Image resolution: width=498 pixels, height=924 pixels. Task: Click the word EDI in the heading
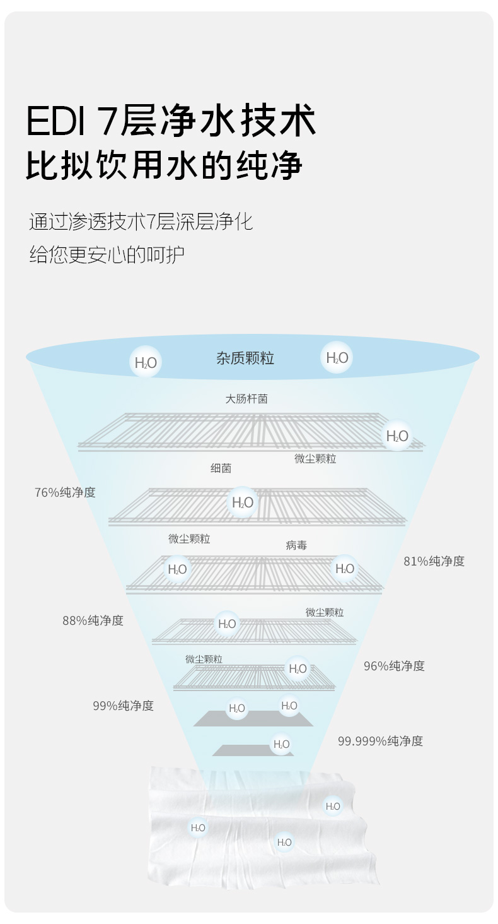pos(55,121)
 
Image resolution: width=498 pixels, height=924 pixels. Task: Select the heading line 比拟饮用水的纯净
pos(164,165)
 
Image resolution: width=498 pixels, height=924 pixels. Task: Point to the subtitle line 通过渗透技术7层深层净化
pos(141,222)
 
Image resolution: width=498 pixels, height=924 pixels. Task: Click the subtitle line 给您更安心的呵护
pos(107,254)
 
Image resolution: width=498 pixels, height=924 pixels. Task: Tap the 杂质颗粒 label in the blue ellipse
pos(245,358)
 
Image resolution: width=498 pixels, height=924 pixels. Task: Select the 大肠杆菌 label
pos(246,399)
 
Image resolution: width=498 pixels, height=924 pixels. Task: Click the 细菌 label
pos(221,468)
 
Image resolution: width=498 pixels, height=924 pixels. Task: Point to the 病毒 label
pos(296,545)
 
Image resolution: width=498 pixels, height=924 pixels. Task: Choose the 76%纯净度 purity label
pos(65,492)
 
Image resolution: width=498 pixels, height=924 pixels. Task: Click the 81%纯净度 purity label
pos(434,561)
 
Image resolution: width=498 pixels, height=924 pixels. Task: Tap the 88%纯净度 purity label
pos(93,620)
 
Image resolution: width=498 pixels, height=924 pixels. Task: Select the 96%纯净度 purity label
pos(394,666)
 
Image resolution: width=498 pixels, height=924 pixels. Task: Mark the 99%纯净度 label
pos(123,706)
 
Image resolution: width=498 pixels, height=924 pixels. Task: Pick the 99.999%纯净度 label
pos(381,741)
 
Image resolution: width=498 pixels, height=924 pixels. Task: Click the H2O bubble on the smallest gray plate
pos(282,743)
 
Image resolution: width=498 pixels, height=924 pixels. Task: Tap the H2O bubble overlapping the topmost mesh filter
pos(397,435)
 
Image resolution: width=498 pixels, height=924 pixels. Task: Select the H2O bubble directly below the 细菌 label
pos(243,502)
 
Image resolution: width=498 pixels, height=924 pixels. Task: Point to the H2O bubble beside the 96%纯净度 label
pos(298,668)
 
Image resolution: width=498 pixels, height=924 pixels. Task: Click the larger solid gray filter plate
pos(253,719)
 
